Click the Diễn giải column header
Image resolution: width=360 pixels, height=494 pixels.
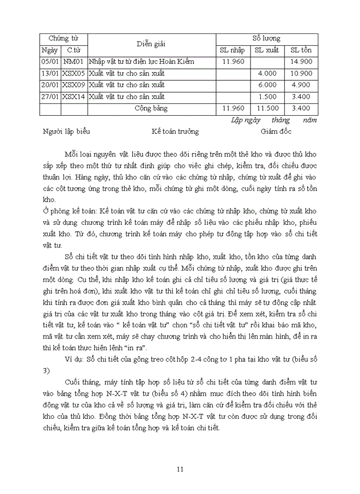tap(151, 44)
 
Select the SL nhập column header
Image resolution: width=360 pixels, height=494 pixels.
tap(232, 50)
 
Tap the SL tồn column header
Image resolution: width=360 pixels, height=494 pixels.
tap(301, 50)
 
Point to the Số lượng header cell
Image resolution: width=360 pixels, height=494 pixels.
tap(266, 39)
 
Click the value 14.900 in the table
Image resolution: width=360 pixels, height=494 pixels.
tap(301, 62)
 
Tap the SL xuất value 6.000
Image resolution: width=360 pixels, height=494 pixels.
tap(267, 85)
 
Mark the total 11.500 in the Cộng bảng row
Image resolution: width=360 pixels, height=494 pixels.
tap(267, 108)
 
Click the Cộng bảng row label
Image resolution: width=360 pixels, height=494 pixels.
tap(151, 109)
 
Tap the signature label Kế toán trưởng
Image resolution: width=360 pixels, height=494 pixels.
tap(175, 132)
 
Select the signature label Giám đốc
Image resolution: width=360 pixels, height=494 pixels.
tap(276, 132)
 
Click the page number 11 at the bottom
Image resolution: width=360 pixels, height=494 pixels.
tap(179, 469)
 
